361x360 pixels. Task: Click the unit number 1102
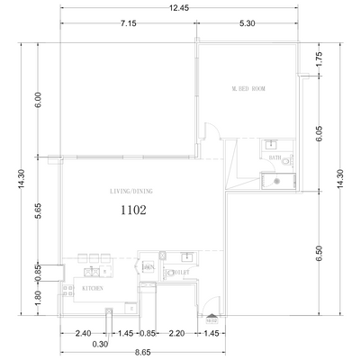133,209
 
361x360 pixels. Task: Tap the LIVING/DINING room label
130,192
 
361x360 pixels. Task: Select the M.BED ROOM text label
248,89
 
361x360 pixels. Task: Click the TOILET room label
178,270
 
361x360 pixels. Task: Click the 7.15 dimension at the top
127,24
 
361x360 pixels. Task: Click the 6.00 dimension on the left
38,98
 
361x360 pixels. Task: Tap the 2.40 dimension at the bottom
83,333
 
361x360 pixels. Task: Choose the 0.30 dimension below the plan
99,344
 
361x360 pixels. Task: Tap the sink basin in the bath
271,144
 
